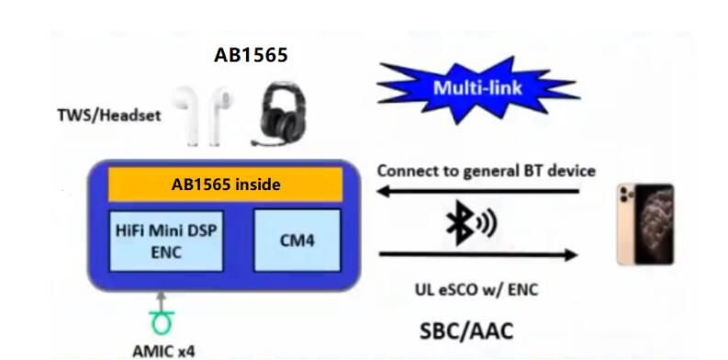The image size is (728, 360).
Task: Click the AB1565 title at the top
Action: (x=251, y=55)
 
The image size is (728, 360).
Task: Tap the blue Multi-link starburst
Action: (x=477, y=89)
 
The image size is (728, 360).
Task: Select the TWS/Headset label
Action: (x=109, y=115)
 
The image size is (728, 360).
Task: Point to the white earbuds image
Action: (x=201, y=115)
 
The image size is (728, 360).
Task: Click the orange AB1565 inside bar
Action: (x=225, y=185)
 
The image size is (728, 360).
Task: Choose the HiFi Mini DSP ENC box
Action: (x=166, y=241)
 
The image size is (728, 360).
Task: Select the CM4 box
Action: (x=297, y=241)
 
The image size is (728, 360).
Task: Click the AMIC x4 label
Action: (x=163, y=351)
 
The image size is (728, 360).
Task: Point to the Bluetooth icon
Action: (x=470, y=222)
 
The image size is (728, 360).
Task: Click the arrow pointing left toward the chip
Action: (x=478, y=190)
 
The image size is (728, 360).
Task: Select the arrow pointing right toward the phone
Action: (x=478, y=254)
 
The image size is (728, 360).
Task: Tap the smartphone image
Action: (x=645, y=224)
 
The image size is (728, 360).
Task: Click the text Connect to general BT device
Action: (x=487, y=171)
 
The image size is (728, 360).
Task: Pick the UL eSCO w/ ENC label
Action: (x=476, y=290)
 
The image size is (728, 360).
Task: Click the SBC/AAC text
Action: (x=466, y=332)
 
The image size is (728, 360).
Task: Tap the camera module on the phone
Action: (x=626, y=196)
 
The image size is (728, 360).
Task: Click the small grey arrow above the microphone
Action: (x=161, y=301)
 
